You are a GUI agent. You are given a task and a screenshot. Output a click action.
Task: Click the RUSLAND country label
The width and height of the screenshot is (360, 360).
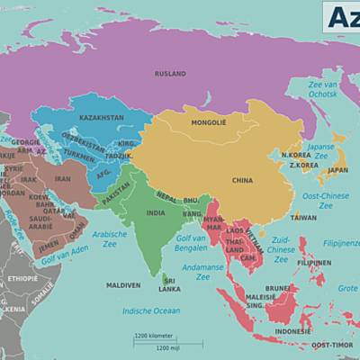[x=169, y=74]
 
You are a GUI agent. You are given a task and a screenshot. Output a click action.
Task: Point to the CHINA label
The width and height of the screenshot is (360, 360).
[x=242, y=180]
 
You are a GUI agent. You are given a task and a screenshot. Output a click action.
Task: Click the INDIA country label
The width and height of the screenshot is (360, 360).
[x=156, y=213]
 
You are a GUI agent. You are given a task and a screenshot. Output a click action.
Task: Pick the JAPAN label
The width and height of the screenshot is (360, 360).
[x=337, y=169]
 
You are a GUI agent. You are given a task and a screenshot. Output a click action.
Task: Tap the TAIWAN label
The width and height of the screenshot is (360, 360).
[x=303, y=217]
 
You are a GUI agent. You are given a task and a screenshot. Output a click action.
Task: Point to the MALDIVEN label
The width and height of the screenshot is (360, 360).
[x=123, y=285]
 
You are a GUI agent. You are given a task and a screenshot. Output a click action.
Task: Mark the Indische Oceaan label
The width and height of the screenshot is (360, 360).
[x=150, y=311]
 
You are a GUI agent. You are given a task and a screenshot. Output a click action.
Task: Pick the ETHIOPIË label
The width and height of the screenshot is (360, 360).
[x=22, y=279]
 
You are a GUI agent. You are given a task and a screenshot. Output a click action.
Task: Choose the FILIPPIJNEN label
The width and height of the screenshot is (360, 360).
[x=313, y=264]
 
